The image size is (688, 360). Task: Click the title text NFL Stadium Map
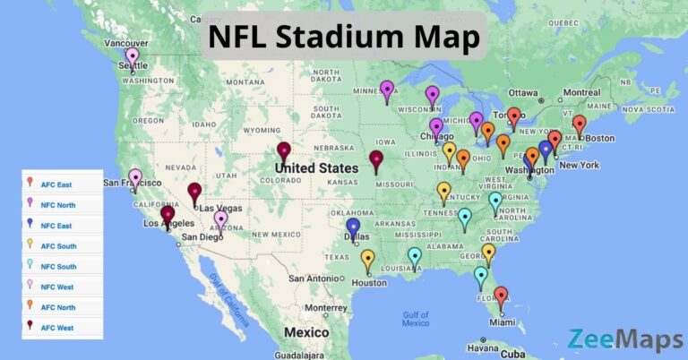pos(343,38)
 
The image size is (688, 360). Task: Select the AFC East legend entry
pos(56,184)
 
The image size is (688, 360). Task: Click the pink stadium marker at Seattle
pos(133,58)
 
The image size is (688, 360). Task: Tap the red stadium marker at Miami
pos(501,296)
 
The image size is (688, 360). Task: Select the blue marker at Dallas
pos(353,227)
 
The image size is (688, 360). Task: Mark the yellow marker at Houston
pos(367,259)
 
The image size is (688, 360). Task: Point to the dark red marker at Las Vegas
pos(194,192)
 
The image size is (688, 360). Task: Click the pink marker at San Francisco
pos(134,178)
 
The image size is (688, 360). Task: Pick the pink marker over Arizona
pos(220,219)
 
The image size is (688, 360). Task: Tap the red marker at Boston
pos(579,124)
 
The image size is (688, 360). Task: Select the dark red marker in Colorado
pos(284,151)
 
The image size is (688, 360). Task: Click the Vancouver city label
pos(125,42)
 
